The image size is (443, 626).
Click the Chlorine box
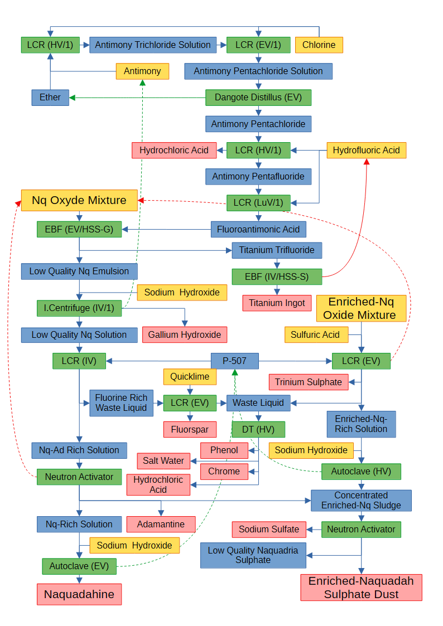319,45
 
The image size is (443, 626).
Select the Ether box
50,97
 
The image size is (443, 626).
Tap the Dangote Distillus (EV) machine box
258,98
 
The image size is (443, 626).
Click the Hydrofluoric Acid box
367,150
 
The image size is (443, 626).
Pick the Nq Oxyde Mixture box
79,200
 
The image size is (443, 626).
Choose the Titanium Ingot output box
277,303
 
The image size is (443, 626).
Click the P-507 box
235,361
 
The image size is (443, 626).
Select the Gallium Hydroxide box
185,334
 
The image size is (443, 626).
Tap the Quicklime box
190,376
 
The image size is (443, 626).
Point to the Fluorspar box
190,429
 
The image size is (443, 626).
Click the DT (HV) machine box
258,429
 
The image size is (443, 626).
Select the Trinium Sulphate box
309,382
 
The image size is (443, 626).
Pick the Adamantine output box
161,524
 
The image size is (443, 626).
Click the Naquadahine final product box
79,594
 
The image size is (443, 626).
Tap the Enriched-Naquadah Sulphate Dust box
361,588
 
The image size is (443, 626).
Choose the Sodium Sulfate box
269,529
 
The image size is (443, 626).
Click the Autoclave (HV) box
361,472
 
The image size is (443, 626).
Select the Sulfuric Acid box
316,334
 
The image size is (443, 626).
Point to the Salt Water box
163,460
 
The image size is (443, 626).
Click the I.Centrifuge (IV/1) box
79,308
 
